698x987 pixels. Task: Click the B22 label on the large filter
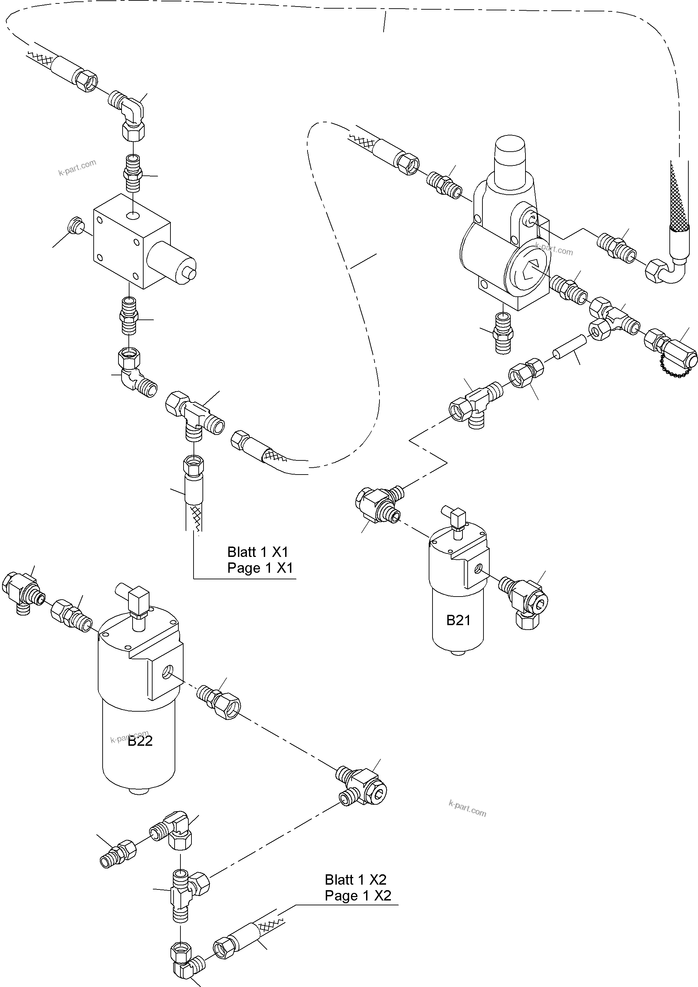(x=140, y=741)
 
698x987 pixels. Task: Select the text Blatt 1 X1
(x=258, y=552)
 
